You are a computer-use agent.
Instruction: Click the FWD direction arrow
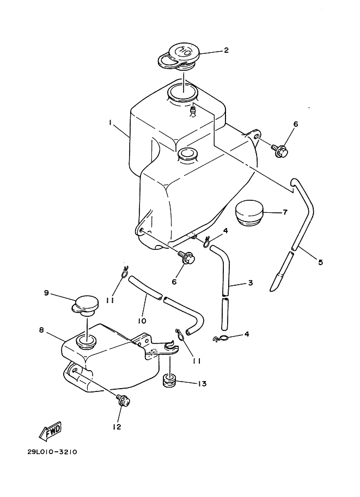tap(50, 431)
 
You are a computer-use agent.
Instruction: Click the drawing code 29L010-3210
tap(52, 452)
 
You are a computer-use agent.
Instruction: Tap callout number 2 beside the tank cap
tap(226, 50)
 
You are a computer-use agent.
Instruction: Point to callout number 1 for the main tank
tap(111, 122)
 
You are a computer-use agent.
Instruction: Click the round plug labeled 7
tap(249, 213)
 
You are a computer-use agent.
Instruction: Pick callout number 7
tap(285, 212)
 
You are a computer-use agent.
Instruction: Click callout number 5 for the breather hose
tap(320, 262)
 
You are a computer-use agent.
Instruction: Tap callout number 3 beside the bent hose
tap(250, 283)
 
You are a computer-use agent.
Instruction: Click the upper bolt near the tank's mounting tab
tap(280, 151)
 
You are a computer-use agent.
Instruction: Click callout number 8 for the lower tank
tap(41, 330)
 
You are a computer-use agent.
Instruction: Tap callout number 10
tap(142, 321)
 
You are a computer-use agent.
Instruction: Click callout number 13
tap(202, 384)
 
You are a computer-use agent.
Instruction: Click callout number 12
tap(117, 427)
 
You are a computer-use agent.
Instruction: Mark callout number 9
tap(46, 293)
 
